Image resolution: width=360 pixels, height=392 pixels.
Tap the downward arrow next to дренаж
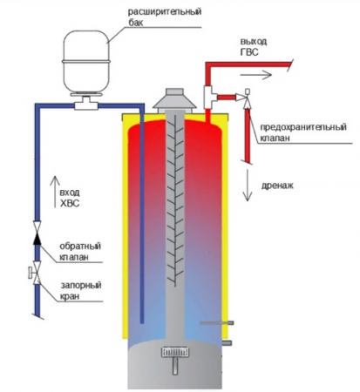[250, 188]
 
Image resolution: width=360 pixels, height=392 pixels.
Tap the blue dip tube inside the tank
[140, 218]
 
